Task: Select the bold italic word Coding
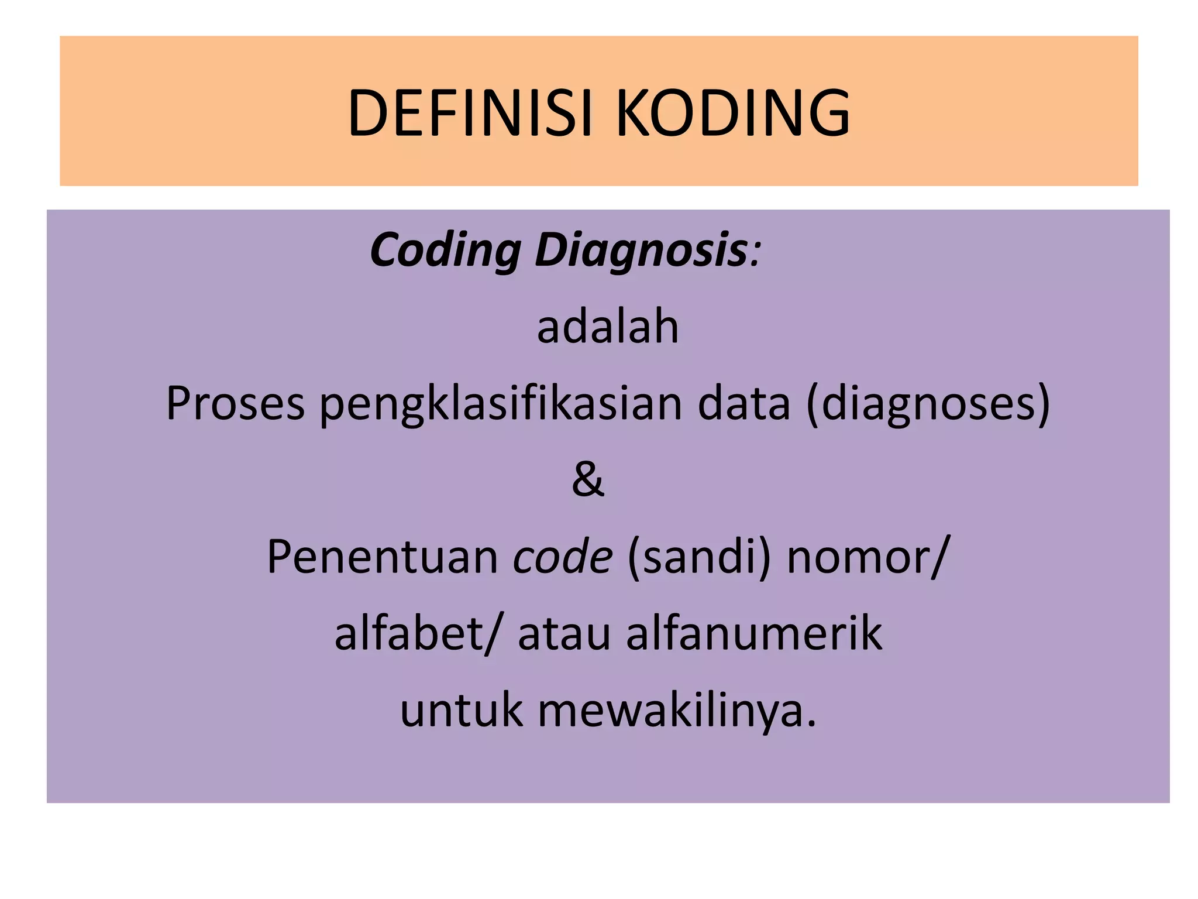[x=445, y=251]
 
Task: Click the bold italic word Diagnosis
[x=641, y=251]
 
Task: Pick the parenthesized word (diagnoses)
[x=928, y=404]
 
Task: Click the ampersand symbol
[x=588, y=479]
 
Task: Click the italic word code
[x=563, y=557]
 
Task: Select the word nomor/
[x=866, y=557]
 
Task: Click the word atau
[x=564, y=634]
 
